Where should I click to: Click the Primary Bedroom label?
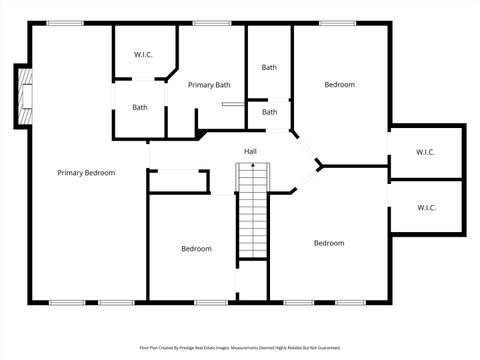click(86, 173)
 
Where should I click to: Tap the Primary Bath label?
click(209, 85)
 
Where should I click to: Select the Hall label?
click(251, 151)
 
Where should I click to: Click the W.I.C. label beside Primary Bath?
click(144, 54)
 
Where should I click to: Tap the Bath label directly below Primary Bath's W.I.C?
click(140, 107)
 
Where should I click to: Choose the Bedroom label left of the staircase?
click(196, 249)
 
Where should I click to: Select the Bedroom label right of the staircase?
click(329, 243)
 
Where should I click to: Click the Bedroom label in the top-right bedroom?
click(339, 85)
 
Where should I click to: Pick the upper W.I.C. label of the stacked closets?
click(425, 152)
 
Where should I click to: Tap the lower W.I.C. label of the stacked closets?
click(425, 208)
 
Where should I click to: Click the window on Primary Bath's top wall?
click(212, 23)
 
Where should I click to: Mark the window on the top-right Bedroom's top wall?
click(333, 23)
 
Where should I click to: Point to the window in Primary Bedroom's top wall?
click(65, 23)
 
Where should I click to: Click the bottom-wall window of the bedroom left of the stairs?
click(209, 301)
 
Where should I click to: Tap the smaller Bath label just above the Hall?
click(270, 112)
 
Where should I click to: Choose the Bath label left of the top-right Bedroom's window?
click(270, 67)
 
